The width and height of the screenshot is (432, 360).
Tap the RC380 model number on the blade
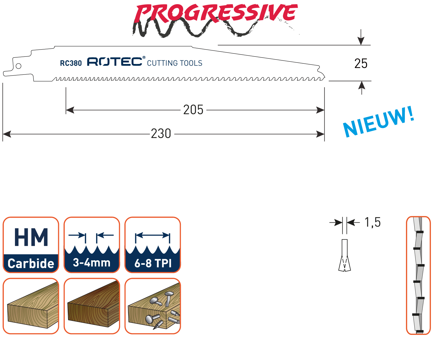tap(71, 63)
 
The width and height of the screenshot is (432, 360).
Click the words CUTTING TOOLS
tap(174, 63)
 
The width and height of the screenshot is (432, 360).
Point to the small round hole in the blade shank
tap(18, 66)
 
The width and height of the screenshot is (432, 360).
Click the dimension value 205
tap(193, 110)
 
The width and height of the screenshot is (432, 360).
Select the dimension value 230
tap(161, 133)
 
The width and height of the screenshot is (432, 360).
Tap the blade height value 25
tap(361, 63)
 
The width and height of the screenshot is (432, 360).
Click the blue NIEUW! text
tap(378, 122)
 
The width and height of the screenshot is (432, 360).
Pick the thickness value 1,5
tap(372, 222)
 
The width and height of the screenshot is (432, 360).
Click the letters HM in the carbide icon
tap(31, 237)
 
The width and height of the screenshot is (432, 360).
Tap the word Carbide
tap(31, 263)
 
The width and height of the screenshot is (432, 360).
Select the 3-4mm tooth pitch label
tap(92, 263)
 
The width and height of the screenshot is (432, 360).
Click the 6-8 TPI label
tap(153, 263)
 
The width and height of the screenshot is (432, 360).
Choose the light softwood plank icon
tap(31, 306)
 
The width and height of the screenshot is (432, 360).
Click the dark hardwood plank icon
tap(92, 306)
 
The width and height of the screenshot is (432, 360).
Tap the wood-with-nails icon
tap(153, 306)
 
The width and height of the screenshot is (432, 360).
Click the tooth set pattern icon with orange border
tap(418, 275)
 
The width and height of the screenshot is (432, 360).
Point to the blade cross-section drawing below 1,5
tap(344, 255)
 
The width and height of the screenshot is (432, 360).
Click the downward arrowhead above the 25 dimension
tap(361, 41)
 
